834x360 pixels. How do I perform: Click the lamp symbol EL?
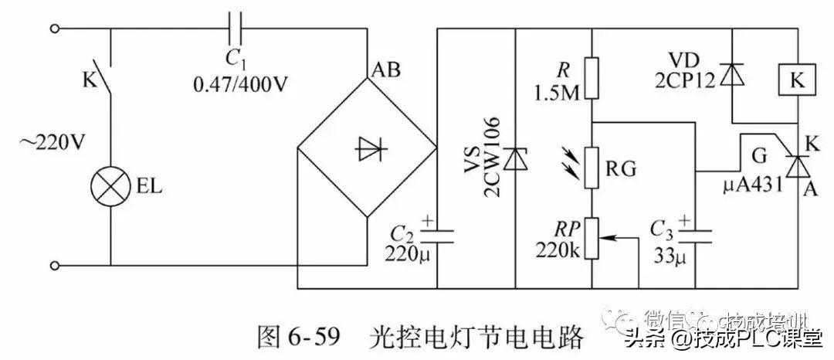[x=109, y=187]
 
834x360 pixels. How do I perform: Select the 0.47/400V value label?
[x=239, y=84]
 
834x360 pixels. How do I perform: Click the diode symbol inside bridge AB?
[x=365, y=149]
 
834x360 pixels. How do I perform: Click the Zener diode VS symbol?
[x=514, y=159]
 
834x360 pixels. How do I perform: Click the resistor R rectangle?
[x=592, y=77]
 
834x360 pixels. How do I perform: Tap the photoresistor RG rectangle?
[x=592, y=168]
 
